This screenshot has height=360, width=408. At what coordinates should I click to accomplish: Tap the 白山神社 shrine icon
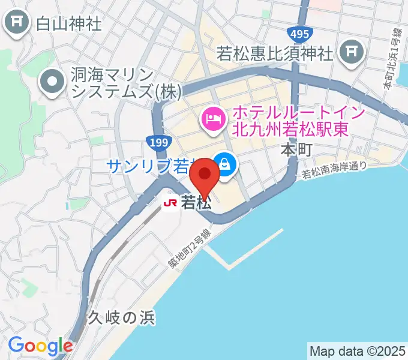(17, 23)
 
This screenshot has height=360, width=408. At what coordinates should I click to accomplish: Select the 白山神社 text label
(69, 24)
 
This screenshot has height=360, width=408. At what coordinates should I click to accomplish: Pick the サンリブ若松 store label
(150, 166)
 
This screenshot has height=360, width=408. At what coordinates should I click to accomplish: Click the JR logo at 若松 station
(170, 203)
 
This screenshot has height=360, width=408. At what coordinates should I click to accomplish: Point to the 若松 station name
(196, 203)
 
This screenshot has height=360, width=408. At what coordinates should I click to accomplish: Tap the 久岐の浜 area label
(122, 317)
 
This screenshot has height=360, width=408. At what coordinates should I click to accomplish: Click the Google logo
(40, 346)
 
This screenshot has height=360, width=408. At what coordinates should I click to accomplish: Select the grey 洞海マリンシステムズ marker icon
(52, 82)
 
